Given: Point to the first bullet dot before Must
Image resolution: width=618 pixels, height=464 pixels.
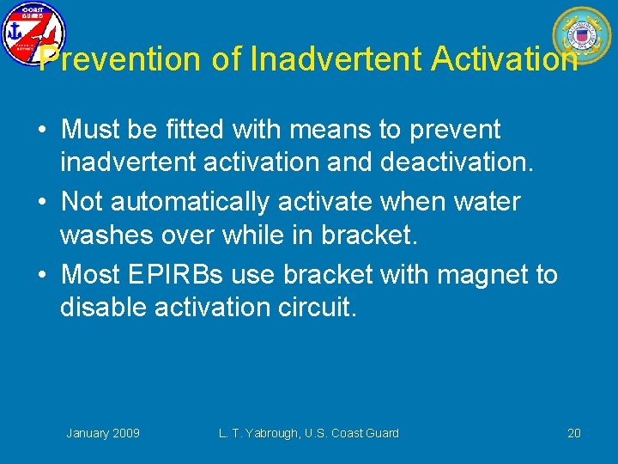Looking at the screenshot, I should click(41, 131).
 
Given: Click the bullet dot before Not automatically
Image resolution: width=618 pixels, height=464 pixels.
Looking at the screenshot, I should click(41, 203).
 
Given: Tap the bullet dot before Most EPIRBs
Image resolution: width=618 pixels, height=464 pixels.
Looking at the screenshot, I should click(41, 275).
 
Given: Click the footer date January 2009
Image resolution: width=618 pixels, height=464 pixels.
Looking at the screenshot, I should click(103, 433).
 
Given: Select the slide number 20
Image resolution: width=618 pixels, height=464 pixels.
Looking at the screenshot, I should click(574, 433).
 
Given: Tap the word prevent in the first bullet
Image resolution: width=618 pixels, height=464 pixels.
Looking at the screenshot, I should click(454, 131).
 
